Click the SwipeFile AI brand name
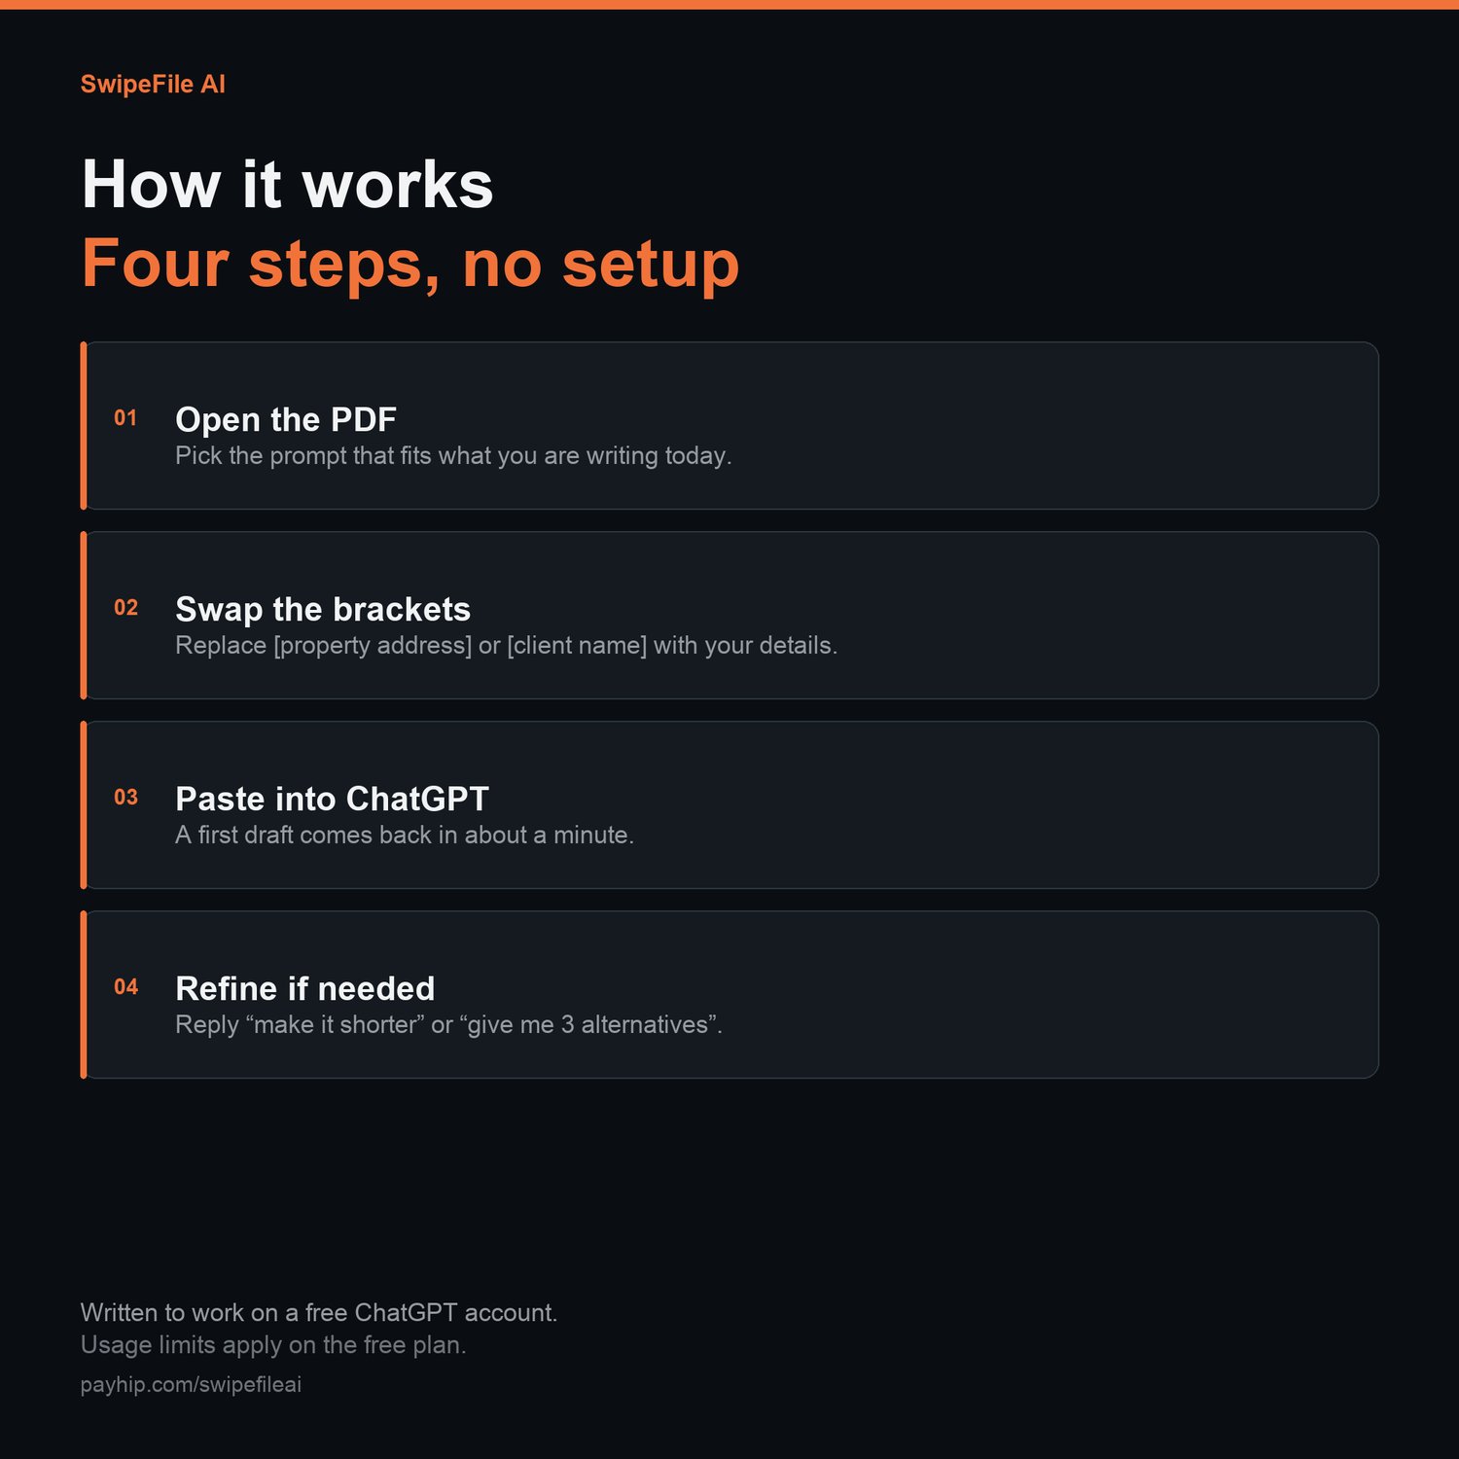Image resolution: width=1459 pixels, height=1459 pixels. click(x=153, y=85)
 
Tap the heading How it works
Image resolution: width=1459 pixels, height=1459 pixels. click(x=288, y=184)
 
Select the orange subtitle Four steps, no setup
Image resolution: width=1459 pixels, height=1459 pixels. click(x=410, y=265)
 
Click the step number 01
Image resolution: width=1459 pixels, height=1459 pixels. click(x=125, y=418)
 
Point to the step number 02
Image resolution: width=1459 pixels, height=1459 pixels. click(x=125, y=608)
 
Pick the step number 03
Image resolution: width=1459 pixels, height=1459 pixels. click(x=125, y=798)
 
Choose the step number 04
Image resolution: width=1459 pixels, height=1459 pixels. click(x=125, y=987)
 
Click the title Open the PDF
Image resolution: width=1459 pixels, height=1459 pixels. click(x=286, y=419)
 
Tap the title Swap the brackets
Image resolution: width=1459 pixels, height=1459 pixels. click(x=323, y=609)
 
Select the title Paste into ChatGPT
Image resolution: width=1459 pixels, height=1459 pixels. click(x=332, y=799)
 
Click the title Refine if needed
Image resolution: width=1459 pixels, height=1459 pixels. click(x=305, y=988)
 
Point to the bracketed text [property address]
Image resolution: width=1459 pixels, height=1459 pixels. click(x=373, y=646)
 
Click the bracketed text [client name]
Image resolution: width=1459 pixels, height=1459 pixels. click(x=577, y=646)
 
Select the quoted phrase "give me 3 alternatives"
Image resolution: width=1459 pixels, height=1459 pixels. click(x=588, y=1025)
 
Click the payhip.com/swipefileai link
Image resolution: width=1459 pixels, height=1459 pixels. click(x=191, y=1384)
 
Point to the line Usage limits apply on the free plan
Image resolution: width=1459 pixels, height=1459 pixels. click(x=273, y=1345)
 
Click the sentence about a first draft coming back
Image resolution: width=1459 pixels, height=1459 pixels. click(x=405, y=836)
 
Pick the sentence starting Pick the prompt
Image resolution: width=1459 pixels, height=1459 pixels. click(x=453, y=456)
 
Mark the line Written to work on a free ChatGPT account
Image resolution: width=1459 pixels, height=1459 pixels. click(x=319, y=1313)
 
